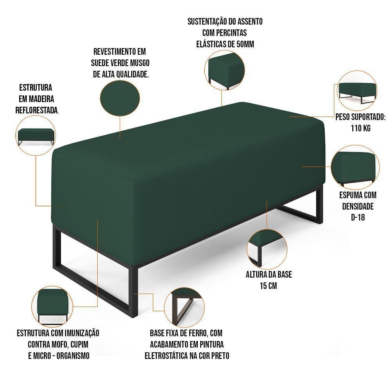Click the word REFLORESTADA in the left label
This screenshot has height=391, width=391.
pos(37,110)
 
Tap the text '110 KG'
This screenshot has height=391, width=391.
pos(361,128)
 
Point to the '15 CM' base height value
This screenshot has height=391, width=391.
pos(268,286)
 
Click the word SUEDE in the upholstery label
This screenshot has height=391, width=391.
pos(102,63)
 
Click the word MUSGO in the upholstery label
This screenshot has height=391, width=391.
pos(138,63)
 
